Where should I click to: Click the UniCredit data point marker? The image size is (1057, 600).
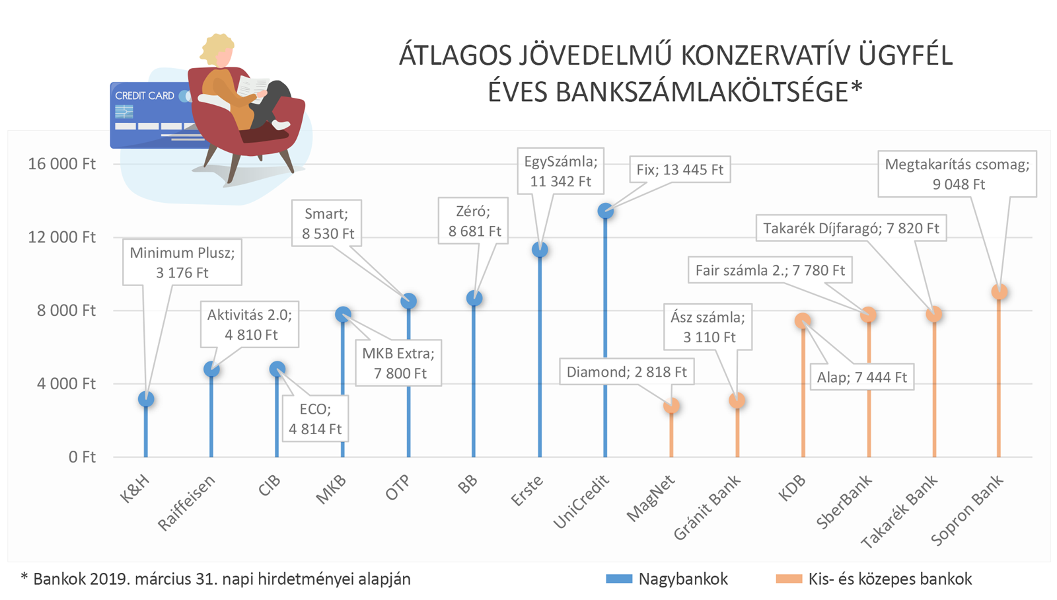[x=605, y=211]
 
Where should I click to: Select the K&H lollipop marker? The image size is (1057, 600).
[x=146, y=399]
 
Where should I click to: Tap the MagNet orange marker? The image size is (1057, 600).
[x=671, y=406]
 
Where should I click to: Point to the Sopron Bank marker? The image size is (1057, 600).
[x=1000, y=292]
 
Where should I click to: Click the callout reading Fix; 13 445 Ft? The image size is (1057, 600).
[x=680, y=170]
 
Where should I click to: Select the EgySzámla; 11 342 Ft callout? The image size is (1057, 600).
[x=560, y=171]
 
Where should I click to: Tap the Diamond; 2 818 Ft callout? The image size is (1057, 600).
[x=626, y=372]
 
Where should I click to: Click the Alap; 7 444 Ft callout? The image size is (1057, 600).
[x=861, y=377]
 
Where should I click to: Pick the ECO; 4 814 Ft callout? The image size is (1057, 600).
[x=315, y=419]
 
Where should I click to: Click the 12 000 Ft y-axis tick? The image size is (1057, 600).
[x=61, y=237]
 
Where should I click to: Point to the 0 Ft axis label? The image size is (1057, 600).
[x=82, y=457]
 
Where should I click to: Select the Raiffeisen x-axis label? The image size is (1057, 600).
[x=187, y=504]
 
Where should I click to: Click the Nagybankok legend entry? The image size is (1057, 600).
[x=667, y=580]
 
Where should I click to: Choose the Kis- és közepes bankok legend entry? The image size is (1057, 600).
[x=874, y=580]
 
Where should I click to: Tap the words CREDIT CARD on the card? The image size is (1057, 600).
[x=145, y=96]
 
